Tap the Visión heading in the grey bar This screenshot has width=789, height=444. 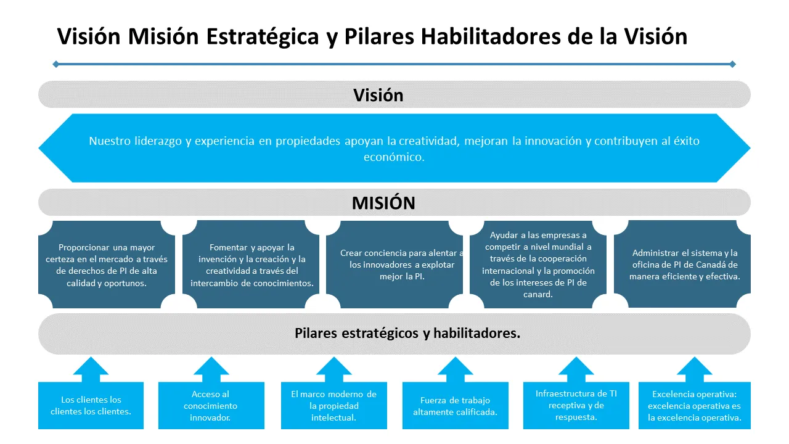[x=378, y=95]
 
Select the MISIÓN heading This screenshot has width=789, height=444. [x=383, y=203]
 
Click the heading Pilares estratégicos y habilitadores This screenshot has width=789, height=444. [x=407, y=334]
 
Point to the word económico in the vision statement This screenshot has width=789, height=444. [x=394, y=157]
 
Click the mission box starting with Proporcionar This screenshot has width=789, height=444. [x=107, y=265]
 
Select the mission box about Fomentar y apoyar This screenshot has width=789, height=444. [x=251, y=265]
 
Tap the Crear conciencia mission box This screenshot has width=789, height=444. [x=394, y=265]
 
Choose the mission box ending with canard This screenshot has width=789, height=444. [x=538, y=265]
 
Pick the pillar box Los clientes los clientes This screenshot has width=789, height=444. [x=91, y=405]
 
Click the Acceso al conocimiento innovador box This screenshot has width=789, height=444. [x=211, y=405]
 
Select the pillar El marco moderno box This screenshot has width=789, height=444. [x=333, y=405]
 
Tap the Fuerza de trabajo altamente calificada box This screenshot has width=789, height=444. [x=455, y=405]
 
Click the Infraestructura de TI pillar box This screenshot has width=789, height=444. [x=576, y=405]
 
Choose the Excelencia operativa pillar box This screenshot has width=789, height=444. [x=694, y=405]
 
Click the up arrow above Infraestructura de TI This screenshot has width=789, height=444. [x=576, y=369]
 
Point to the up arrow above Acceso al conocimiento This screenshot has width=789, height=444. [x=211, y=369]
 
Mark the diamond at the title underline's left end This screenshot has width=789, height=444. [x=56, y=64]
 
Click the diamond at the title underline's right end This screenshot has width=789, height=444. [x=732, y=64]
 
